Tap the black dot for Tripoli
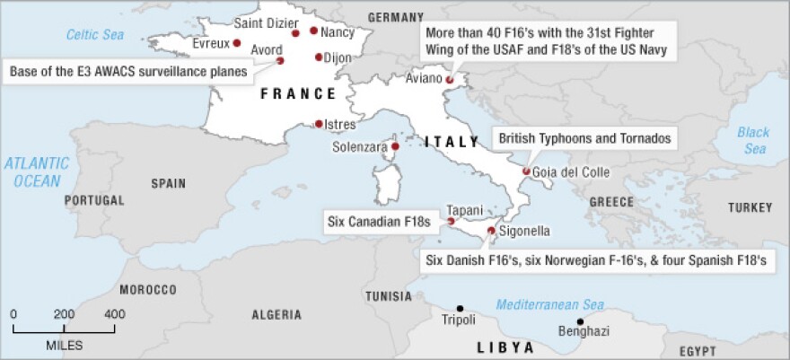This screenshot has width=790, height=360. (460, 308)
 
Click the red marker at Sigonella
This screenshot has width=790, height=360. (490, 231)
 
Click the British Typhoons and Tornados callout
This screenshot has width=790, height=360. (584, 139)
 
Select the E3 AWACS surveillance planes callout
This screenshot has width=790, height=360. (128, 70)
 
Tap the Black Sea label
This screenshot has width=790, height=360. (753, 140)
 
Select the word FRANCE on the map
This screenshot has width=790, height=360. (298, 93)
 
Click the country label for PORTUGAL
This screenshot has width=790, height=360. (93, 200)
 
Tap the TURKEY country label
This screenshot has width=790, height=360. (750, 207)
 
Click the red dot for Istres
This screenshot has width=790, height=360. (319, 125)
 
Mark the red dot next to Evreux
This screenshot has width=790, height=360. (237, 42)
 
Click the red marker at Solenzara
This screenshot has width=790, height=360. (394, 146)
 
